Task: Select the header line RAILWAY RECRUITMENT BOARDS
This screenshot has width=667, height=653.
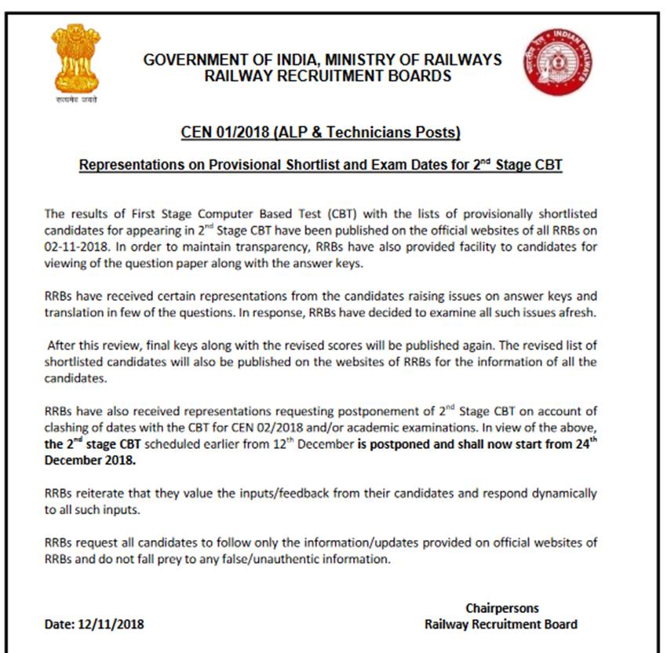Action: tap(328, 76)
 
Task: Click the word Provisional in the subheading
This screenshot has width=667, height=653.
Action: tap(223, 166)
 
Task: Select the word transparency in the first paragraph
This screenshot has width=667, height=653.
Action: tap(240, 248)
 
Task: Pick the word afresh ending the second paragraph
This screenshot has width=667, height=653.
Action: tap(578, 312)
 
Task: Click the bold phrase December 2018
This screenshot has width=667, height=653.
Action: tap(90, 460)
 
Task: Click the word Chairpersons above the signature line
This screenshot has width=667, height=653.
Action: tap(502, 608)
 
